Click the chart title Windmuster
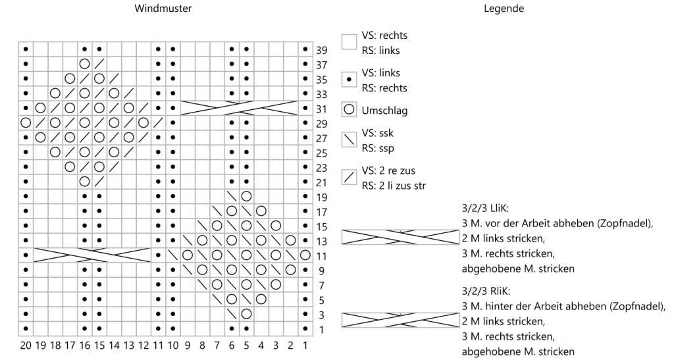163,8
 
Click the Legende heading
504,9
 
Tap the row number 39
321,50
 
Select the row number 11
321,257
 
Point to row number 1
321,330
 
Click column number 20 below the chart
26,346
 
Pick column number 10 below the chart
173,346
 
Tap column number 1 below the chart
305,346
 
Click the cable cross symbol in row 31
239,108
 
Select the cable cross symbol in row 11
92,255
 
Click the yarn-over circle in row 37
85,64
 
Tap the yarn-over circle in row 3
246,314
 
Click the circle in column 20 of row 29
26,123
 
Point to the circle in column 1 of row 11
305,255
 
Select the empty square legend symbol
349,42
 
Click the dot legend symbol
349,80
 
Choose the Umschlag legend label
384,111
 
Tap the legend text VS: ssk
377,133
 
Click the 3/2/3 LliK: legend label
485,209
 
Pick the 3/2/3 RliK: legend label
486,292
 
